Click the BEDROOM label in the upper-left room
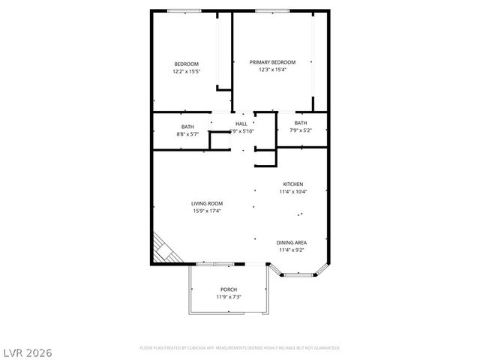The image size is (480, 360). [186, 64]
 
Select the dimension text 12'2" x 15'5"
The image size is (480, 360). [186, 71]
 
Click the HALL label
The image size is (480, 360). [241, 124]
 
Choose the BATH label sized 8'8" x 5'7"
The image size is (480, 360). [187, 127]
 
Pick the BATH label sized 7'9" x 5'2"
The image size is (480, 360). [300, 123]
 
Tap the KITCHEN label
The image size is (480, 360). [293, 184]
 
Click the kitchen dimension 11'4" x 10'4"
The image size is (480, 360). [293, 192]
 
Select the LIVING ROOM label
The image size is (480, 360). [206, 203]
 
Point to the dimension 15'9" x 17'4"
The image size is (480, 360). [206, 211]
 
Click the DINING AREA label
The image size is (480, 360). [292, 242]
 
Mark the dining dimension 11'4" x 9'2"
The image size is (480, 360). [292, 250]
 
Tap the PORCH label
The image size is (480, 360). [228, 289]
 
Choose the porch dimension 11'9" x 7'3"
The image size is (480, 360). [228, 297]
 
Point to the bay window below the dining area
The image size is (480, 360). [299, 275]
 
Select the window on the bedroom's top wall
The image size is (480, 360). [184, 10]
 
